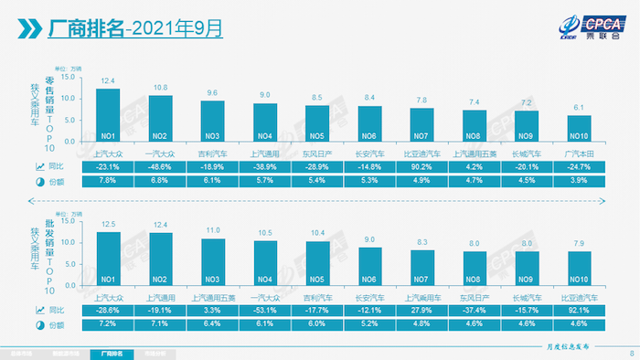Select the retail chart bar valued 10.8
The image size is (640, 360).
click(160, 116)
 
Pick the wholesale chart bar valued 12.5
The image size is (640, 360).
click(108, 259)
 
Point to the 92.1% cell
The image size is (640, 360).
click(579, 311)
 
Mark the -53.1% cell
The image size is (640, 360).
click(265, 311)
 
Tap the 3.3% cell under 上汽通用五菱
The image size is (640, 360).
click(212, 311)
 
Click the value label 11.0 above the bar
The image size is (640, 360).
click(212, 231)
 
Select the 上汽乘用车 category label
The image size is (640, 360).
click(421, 296)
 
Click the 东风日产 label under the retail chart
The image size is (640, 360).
click(317, 153)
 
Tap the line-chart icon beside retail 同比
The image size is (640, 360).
click(39, 167)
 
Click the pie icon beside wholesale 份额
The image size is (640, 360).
click(39, 325)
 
